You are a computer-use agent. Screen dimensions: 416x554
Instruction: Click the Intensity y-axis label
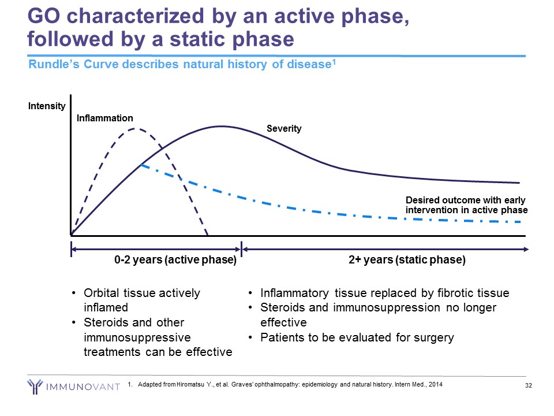(x=47, y=106)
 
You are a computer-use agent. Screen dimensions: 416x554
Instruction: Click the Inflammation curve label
(x=104, y=118)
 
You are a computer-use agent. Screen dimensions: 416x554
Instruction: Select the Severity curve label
(x=284, y=129)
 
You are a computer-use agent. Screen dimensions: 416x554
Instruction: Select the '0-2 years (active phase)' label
(x=175, y=260)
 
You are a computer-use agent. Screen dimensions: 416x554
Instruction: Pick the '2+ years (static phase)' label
(x=407, y=260)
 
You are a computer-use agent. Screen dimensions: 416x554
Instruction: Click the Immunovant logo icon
(x=35, y=385)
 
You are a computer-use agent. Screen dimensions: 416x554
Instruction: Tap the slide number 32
(x=528, y=386)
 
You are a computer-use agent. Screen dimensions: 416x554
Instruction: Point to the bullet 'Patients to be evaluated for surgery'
(x=357, y=337)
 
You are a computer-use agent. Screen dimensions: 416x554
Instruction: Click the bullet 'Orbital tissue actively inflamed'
(x=142, y=300)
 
